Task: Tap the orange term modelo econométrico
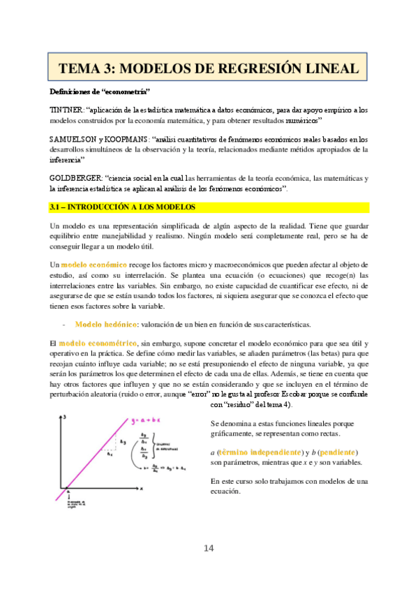pyautogui.click(x=98, y=344)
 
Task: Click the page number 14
pyautogui.click(x=209, y=548)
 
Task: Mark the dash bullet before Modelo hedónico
pyautogui.click(x=64, y=325)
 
